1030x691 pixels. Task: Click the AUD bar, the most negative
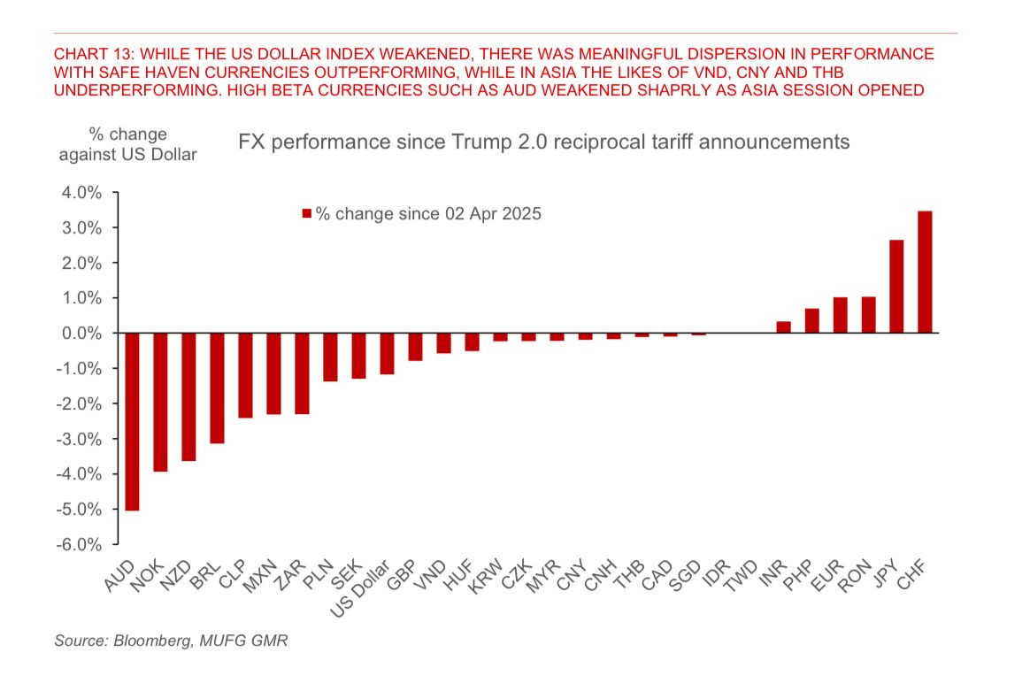132,421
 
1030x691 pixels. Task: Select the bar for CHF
925,273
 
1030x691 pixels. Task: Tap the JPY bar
896,287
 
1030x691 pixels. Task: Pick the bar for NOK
160,402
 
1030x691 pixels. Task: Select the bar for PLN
330,357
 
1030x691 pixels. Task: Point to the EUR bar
840,315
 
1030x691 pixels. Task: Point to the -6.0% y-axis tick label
82,544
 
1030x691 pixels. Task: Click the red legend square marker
307,214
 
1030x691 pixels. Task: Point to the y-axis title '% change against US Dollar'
127,144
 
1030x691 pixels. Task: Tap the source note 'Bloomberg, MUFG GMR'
172,641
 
